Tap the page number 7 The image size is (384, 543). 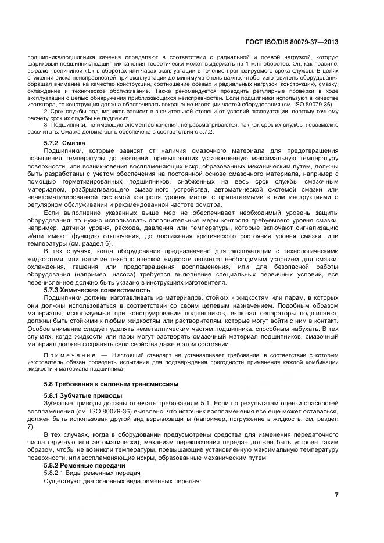pos(336,494)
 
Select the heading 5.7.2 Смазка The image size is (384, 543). pos(65,142)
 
